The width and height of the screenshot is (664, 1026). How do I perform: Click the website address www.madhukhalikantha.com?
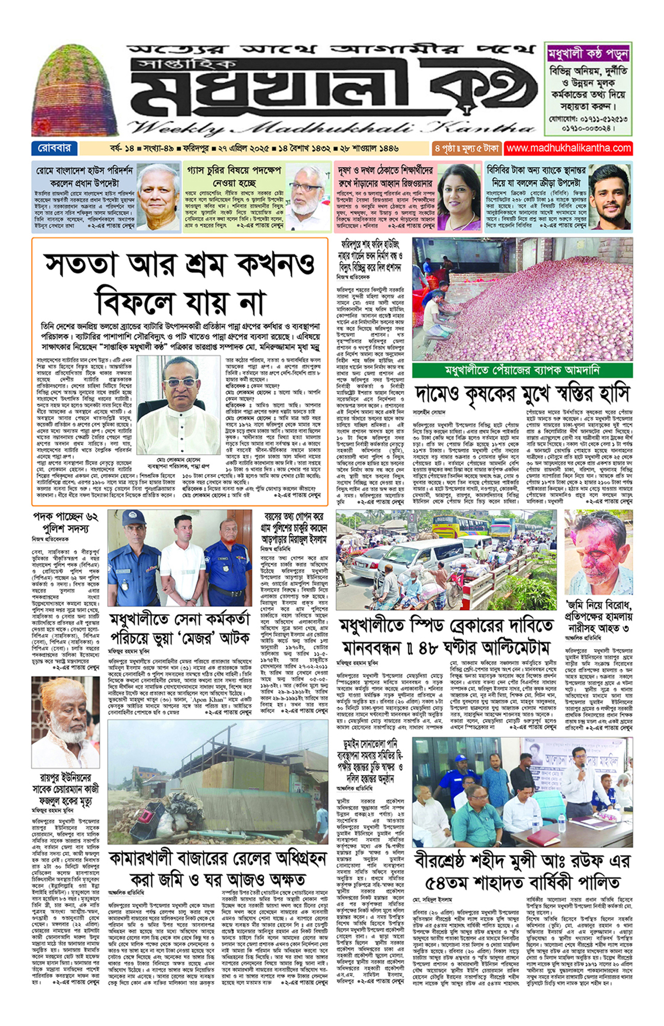[x=568, y=148]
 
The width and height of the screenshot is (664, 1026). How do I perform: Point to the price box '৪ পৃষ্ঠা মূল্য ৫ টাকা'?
[x=466, y=148]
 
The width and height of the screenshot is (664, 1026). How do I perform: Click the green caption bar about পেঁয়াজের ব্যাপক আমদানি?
[x=522, y=370]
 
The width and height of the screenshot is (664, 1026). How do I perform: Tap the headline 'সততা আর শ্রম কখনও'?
[x=180, y=264]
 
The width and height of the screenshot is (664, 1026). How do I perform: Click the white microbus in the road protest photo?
[x=410, y=560]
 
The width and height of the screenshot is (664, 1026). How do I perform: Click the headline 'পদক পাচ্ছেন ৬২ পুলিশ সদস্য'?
[x=65, y=523]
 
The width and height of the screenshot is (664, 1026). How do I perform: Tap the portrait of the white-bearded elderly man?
[x=65, y=722]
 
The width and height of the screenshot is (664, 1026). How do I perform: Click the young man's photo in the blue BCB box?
[x=610, y=197]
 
